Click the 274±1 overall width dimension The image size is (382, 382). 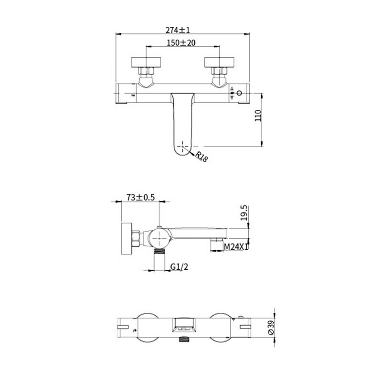(x=178, y=30)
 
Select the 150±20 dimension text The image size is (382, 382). (x=181, y=42)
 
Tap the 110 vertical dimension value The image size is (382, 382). (x=258, y=116)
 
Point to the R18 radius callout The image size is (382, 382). (x=201, y=157)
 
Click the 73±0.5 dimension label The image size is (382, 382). (x=140, y=197)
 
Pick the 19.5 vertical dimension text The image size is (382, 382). (x=244, y=213)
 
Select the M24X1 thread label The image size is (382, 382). (x=236, y=247)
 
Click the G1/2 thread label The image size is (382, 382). (x=179, y=267)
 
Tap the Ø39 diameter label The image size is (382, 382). (x=271, y=328)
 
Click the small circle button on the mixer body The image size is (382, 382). (x=240, y=93)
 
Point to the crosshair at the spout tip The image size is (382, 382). (x=183, y=147)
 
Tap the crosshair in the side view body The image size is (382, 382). (x=159, y=237)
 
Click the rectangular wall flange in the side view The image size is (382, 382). (x=127, y=238)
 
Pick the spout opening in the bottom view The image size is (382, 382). (x=184, y=325)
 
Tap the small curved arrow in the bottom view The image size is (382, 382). (x=134, y=330)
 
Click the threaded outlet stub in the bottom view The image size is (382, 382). (x=184, y=339)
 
